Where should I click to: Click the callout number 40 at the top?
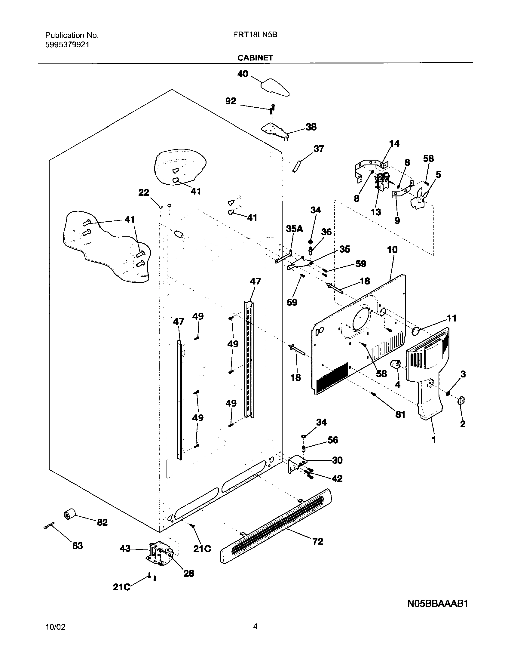pos(243,74)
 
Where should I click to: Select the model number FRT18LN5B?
pos(255,35)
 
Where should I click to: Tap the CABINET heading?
pos(255,58)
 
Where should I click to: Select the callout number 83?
pos(77,545)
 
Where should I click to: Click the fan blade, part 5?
pos(419,198)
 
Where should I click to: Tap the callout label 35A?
pos(294,229)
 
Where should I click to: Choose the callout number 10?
pos(392,250)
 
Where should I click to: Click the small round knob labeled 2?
pos(461,401)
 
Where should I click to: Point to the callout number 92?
pos(231,101)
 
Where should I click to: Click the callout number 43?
pos(125,549)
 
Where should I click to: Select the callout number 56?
pos(332,440)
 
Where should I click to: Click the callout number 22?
pos(143,192)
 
